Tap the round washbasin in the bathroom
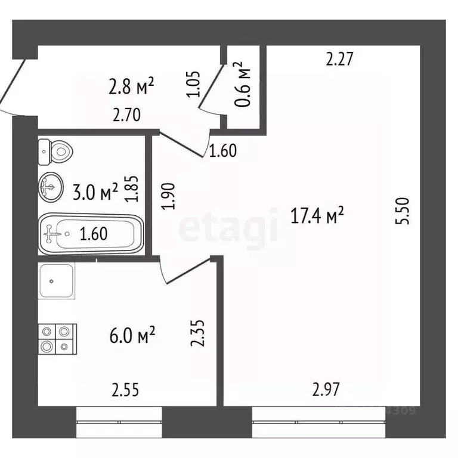(52, 188)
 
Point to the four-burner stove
(57, 339)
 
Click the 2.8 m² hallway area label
(132, 88)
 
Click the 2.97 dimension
(326, 391)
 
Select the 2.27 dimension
(340, 59)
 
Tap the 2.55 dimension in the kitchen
(126, 391)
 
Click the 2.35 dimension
(198, 333)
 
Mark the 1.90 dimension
(169, 196)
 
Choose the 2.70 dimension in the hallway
(126, 115)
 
